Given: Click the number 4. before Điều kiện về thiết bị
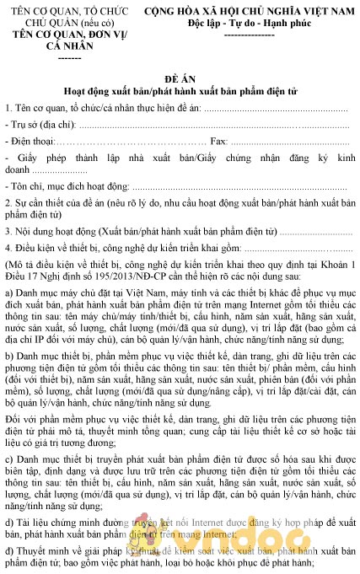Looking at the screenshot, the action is pyautogui.click(x=8, y=249).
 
